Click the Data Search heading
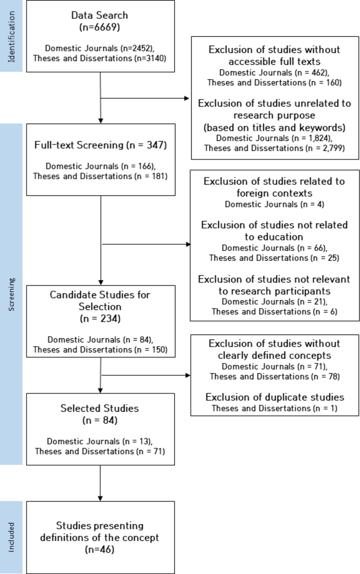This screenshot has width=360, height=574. (99, 15)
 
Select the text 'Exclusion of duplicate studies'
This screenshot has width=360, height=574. (275, 398)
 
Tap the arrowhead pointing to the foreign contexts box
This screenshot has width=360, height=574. (188, 245)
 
